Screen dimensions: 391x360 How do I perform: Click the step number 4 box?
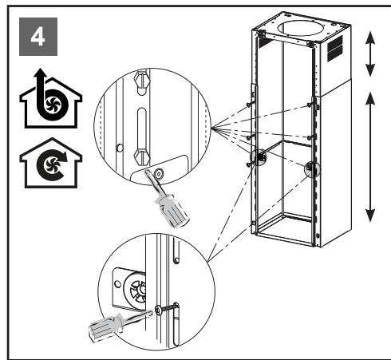click(x=38, y=37)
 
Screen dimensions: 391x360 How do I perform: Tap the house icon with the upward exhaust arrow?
click(x=50, y=99)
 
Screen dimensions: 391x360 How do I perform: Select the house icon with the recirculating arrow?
click(x=50, y=163)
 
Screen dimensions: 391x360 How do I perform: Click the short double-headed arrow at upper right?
click(x=370, y=54)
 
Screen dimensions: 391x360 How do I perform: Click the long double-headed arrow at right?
click(x=370, y=157)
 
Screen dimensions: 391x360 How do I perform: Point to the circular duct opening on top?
click(x=302, y=28)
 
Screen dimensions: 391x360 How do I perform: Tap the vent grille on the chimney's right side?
click(x=335, y=49)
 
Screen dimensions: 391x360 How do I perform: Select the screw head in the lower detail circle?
click(x=158, y=311)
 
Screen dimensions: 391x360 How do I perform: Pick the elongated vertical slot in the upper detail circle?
click(x=142, y=129)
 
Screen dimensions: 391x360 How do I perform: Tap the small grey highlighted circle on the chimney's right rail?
click(x=312, y=168)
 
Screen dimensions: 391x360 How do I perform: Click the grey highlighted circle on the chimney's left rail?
click(x=259, y=157)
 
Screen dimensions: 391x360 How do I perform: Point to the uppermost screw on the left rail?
click(x=249, y=105)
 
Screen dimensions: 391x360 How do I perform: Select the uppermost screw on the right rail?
click(x=309, y=105)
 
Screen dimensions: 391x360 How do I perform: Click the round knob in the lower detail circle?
click(x=138, y=290)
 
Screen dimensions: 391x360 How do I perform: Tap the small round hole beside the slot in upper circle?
click(x=120, y=148)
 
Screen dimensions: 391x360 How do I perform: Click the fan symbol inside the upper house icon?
click(x=53, y=105)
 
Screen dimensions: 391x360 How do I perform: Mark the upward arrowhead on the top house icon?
click(x=40, y=73)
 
